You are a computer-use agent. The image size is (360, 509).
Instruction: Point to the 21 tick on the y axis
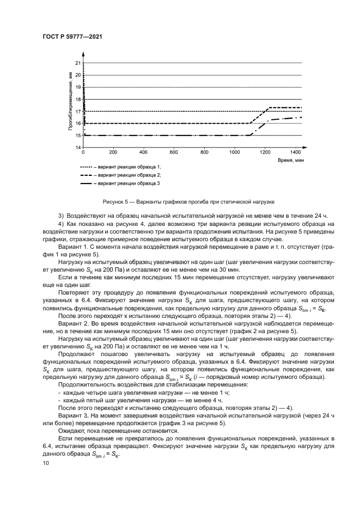pos(78,63)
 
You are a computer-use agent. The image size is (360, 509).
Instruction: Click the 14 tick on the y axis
pos(78,148)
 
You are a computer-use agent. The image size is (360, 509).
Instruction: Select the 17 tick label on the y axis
pos(78,112)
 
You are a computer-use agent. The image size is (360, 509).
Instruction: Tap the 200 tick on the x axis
pos(113,153)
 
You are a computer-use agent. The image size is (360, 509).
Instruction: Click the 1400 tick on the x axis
pos(296,153)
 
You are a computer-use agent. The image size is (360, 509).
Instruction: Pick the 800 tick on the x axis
pos(204,153)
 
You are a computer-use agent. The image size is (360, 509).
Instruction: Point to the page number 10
pos(46,463)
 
